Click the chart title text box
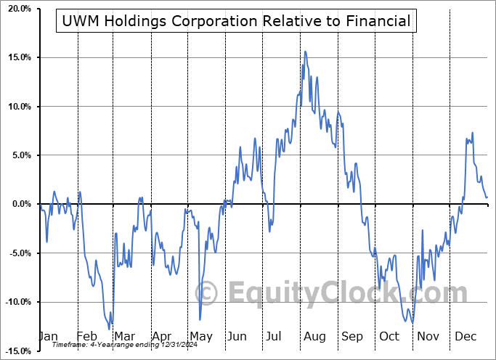(x=235, y=21)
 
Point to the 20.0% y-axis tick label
(x=16, y=9)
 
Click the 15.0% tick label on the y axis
(x=16, y=57)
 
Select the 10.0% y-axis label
(x=16, y=107)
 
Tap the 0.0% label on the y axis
(x=18, y=204)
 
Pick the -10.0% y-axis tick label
(x=15, y=302)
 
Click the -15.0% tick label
(x=15, y=351)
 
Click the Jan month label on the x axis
(x=47, y=336)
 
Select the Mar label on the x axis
(x=125, y=336)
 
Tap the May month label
(x=200, y=336)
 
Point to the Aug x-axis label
(x=314, y=336)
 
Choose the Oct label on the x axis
(x=389, y=336)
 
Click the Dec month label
(x=465, y=336)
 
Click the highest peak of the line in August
(x=305, y=52)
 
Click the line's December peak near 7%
(x=473, y=133)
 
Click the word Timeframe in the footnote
(x=69, y=345)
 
